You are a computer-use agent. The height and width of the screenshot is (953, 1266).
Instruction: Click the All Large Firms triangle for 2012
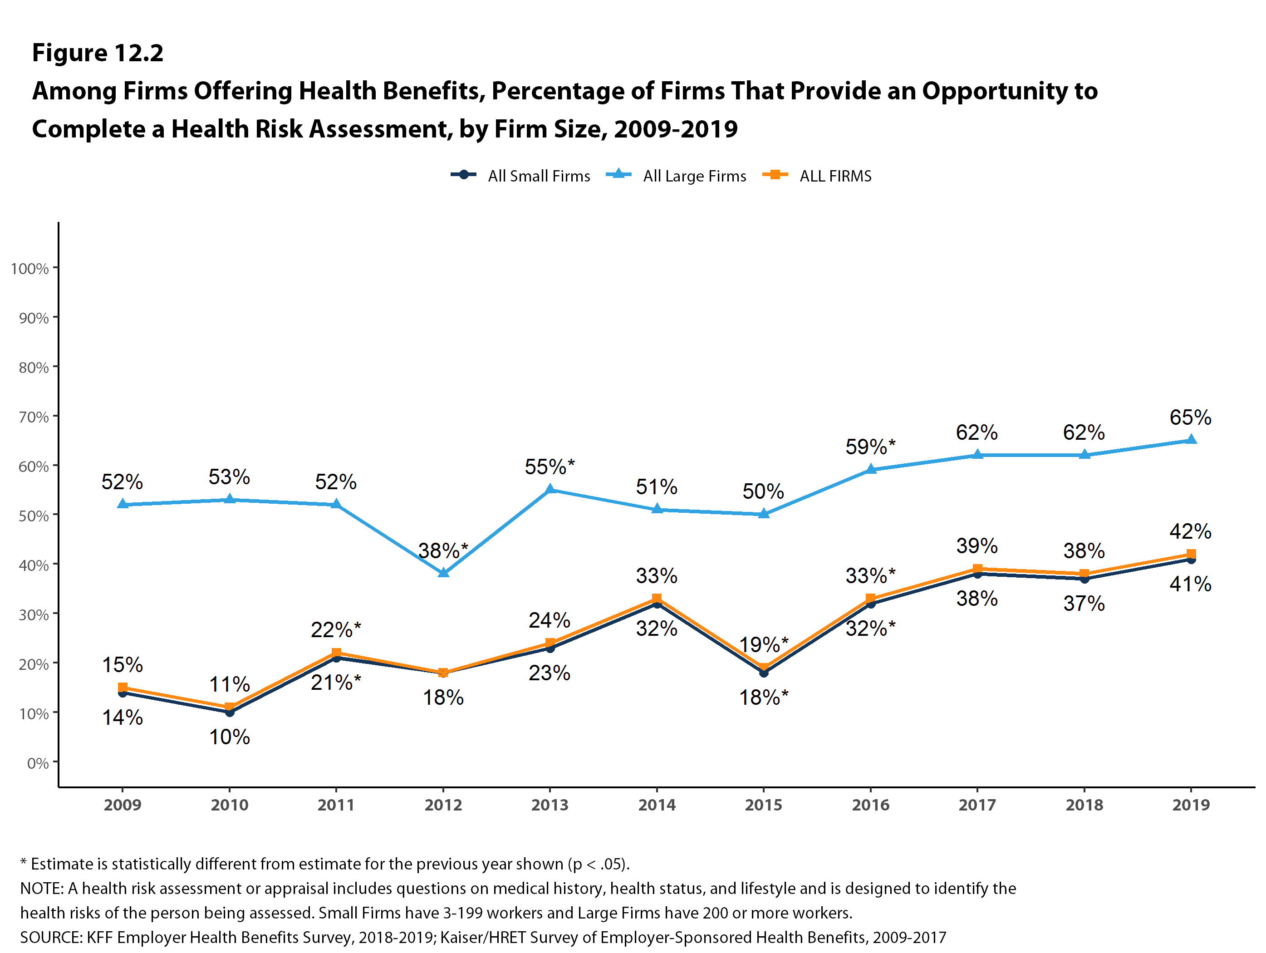tap(443, 572)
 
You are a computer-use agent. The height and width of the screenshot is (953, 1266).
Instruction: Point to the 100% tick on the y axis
tap(30, 269)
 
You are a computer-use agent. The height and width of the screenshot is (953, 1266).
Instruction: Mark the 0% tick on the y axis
tap(38, 763)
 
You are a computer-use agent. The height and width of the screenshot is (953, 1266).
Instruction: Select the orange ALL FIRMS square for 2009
tap(123, 688)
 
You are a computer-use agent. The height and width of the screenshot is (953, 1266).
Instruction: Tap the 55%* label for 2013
tap(550, 467)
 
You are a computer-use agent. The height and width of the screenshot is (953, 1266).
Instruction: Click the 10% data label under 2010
tap(230, 737)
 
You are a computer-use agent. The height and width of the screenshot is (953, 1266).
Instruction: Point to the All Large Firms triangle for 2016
tap(870, 469)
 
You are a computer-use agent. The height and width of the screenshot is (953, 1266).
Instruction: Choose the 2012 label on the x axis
tap(443, 805)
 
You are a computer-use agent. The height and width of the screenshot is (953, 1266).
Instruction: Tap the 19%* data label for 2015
tap(764, 644)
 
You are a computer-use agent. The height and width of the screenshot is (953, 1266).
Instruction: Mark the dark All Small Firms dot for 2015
tap(764, 673)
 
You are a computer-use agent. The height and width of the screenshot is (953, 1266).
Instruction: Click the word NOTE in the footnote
tap(42, 888)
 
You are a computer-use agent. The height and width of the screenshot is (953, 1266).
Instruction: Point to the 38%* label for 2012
tap(443, 550)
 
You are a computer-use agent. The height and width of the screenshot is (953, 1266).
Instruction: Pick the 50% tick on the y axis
tap(34, 516)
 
